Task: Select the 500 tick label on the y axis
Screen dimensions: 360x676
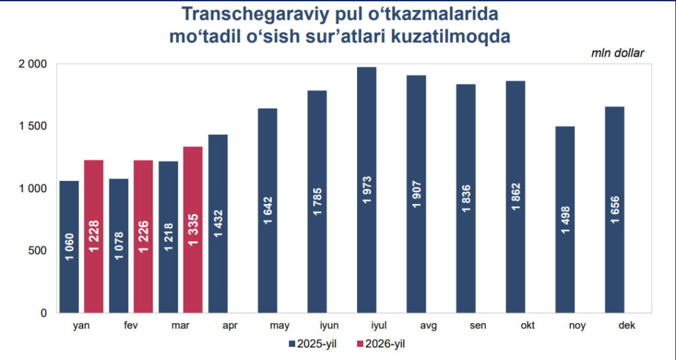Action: (38, 250)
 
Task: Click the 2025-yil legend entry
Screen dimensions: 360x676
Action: (313, 343)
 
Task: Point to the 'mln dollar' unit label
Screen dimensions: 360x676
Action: (617, 53)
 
